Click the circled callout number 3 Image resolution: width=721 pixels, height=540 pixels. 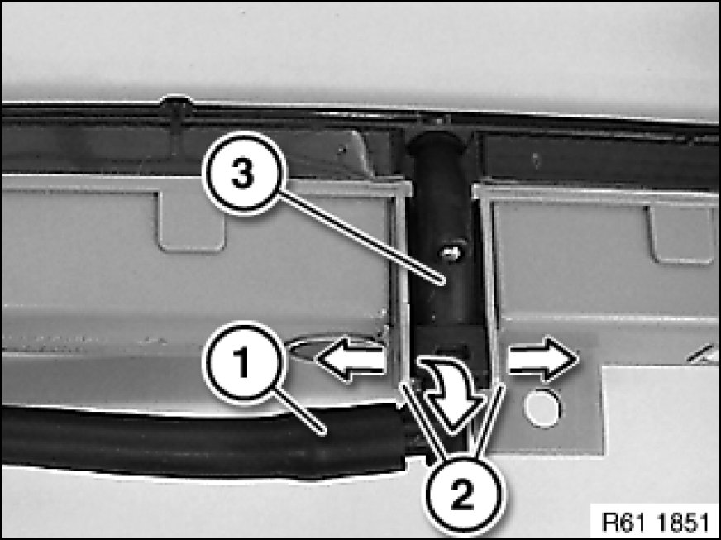coord(244,174)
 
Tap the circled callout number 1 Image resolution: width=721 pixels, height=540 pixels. coord(242,363)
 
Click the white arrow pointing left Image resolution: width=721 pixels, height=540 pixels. coord(351,358)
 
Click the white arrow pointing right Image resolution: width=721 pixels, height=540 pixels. coord(542,358)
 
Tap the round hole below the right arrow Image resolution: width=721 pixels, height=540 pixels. coord(543,408)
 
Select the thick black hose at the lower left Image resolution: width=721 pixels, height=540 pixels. coord(203,442)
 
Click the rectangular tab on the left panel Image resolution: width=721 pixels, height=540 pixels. coord(192,222)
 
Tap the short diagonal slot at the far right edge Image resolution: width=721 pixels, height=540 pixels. coord(701,353)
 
